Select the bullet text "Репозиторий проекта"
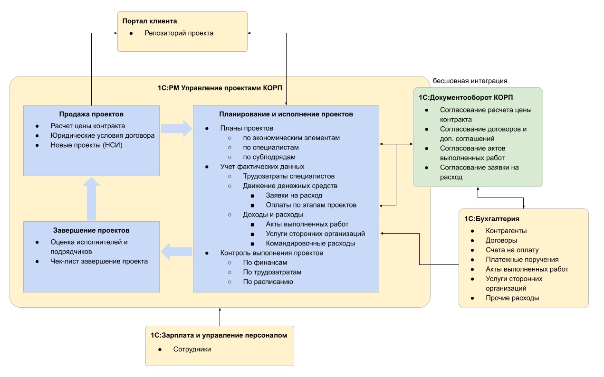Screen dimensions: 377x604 [x=179, y=33]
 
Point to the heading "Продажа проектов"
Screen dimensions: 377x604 [x=91, y=114]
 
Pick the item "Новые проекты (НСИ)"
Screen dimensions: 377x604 [x=86, y=145]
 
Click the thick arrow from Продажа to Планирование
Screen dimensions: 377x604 [x=175, y=129]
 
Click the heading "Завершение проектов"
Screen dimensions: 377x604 [x=92, y=230]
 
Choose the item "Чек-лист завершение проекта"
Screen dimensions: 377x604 [x=99, y=261]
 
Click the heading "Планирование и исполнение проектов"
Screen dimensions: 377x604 [x=286, y=114]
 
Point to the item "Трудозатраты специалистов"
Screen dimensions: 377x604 [x=288, y=176]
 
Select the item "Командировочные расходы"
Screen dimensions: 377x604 [x=310, y=243]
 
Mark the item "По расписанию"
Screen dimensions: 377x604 [x=268, y=282]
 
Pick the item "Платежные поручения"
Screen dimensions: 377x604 [x=522, y=260]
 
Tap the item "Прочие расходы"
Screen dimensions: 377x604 [x=512, y=298]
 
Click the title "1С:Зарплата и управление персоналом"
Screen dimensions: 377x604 [x=219, y=335]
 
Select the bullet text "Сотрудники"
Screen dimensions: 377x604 [x=192, y=349]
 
